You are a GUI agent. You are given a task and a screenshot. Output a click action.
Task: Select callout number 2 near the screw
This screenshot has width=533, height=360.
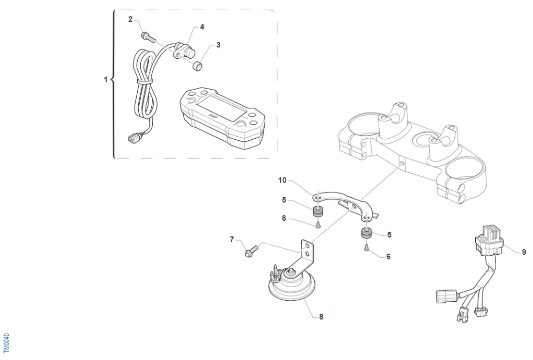(130, 19)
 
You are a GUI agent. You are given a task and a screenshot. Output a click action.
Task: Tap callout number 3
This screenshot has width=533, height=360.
(218, 45)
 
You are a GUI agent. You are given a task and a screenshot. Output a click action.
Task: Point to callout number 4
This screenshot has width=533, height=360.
(202, 27)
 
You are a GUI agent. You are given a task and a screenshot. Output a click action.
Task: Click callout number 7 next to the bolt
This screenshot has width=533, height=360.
(232, 239)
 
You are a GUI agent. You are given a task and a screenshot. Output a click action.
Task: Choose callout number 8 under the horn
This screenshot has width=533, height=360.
(321, 317)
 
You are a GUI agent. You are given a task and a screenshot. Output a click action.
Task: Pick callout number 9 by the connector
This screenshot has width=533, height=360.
(524, 252)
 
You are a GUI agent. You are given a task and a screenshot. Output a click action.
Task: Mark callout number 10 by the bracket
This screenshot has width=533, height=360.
(282, 180)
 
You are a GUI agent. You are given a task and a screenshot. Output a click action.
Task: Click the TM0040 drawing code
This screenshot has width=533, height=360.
(6, 342)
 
